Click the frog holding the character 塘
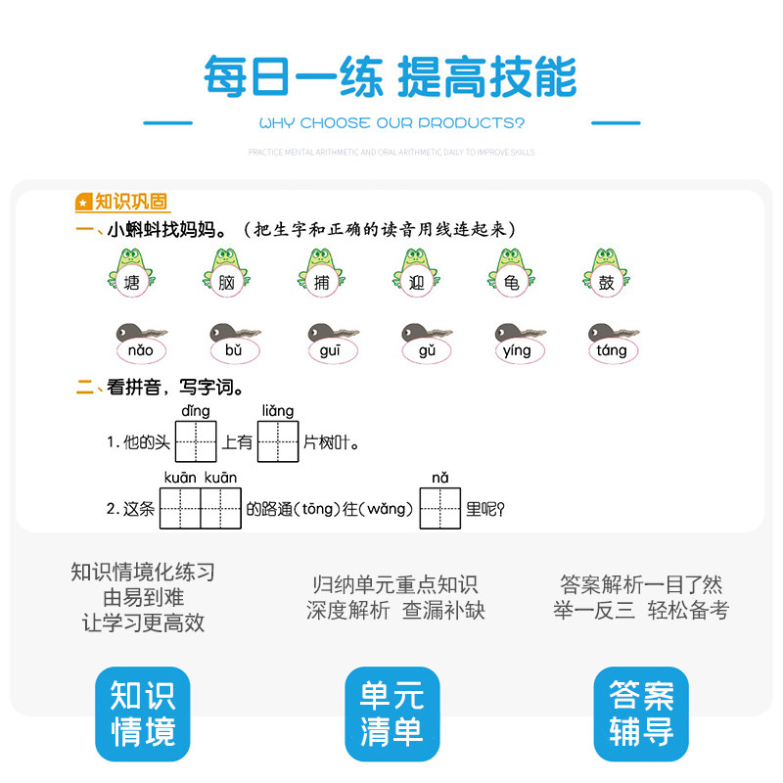point(132,273)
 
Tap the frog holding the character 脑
point(226,273)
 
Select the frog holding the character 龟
point(510,273)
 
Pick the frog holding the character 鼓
point(606,273)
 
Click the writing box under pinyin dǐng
point(196,441)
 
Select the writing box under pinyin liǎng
point(278,441)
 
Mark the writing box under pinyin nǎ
point(439,508)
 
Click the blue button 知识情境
point(143,714)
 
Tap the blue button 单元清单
point(391,714)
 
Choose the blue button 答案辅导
point(641,714)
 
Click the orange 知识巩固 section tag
point(122,202)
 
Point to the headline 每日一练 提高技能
point(391,77)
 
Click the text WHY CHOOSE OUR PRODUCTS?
point(391,123)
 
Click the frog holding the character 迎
point(415,273)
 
